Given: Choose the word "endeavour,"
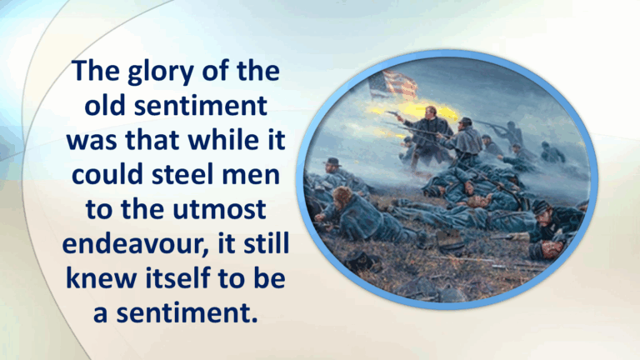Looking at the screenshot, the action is [x=132, y=243].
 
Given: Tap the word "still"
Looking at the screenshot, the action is [x=266, y=242].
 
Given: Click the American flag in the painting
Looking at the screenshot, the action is [x=392, y=84].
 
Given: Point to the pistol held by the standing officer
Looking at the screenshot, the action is [x=392, y=113].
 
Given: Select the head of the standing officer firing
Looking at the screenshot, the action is [x=430, y=112].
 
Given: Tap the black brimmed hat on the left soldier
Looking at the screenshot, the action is [x=333, y=161].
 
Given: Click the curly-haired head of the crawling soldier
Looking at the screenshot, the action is [x=342, y=197].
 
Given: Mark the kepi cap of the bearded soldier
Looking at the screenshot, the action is [x=541, y=206].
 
